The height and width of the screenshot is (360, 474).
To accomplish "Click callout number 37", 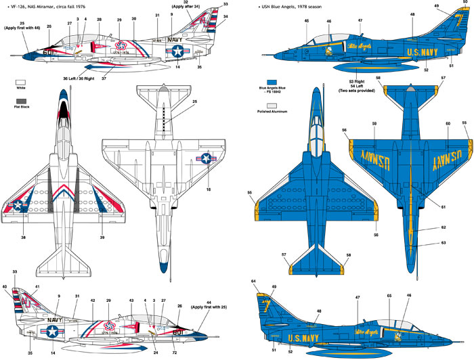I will pyautogui.click(x=103, y=78).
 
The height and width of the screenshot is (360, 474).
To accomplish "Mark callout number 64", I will pyautogui.click(x=254, y=281).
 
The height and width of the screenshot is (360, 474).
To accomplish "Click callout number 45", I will pyautogui.click(x=307, y=21).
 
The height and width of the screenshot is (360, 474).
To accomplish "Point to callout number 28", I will pyautogui.click(x=99, y=21).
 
